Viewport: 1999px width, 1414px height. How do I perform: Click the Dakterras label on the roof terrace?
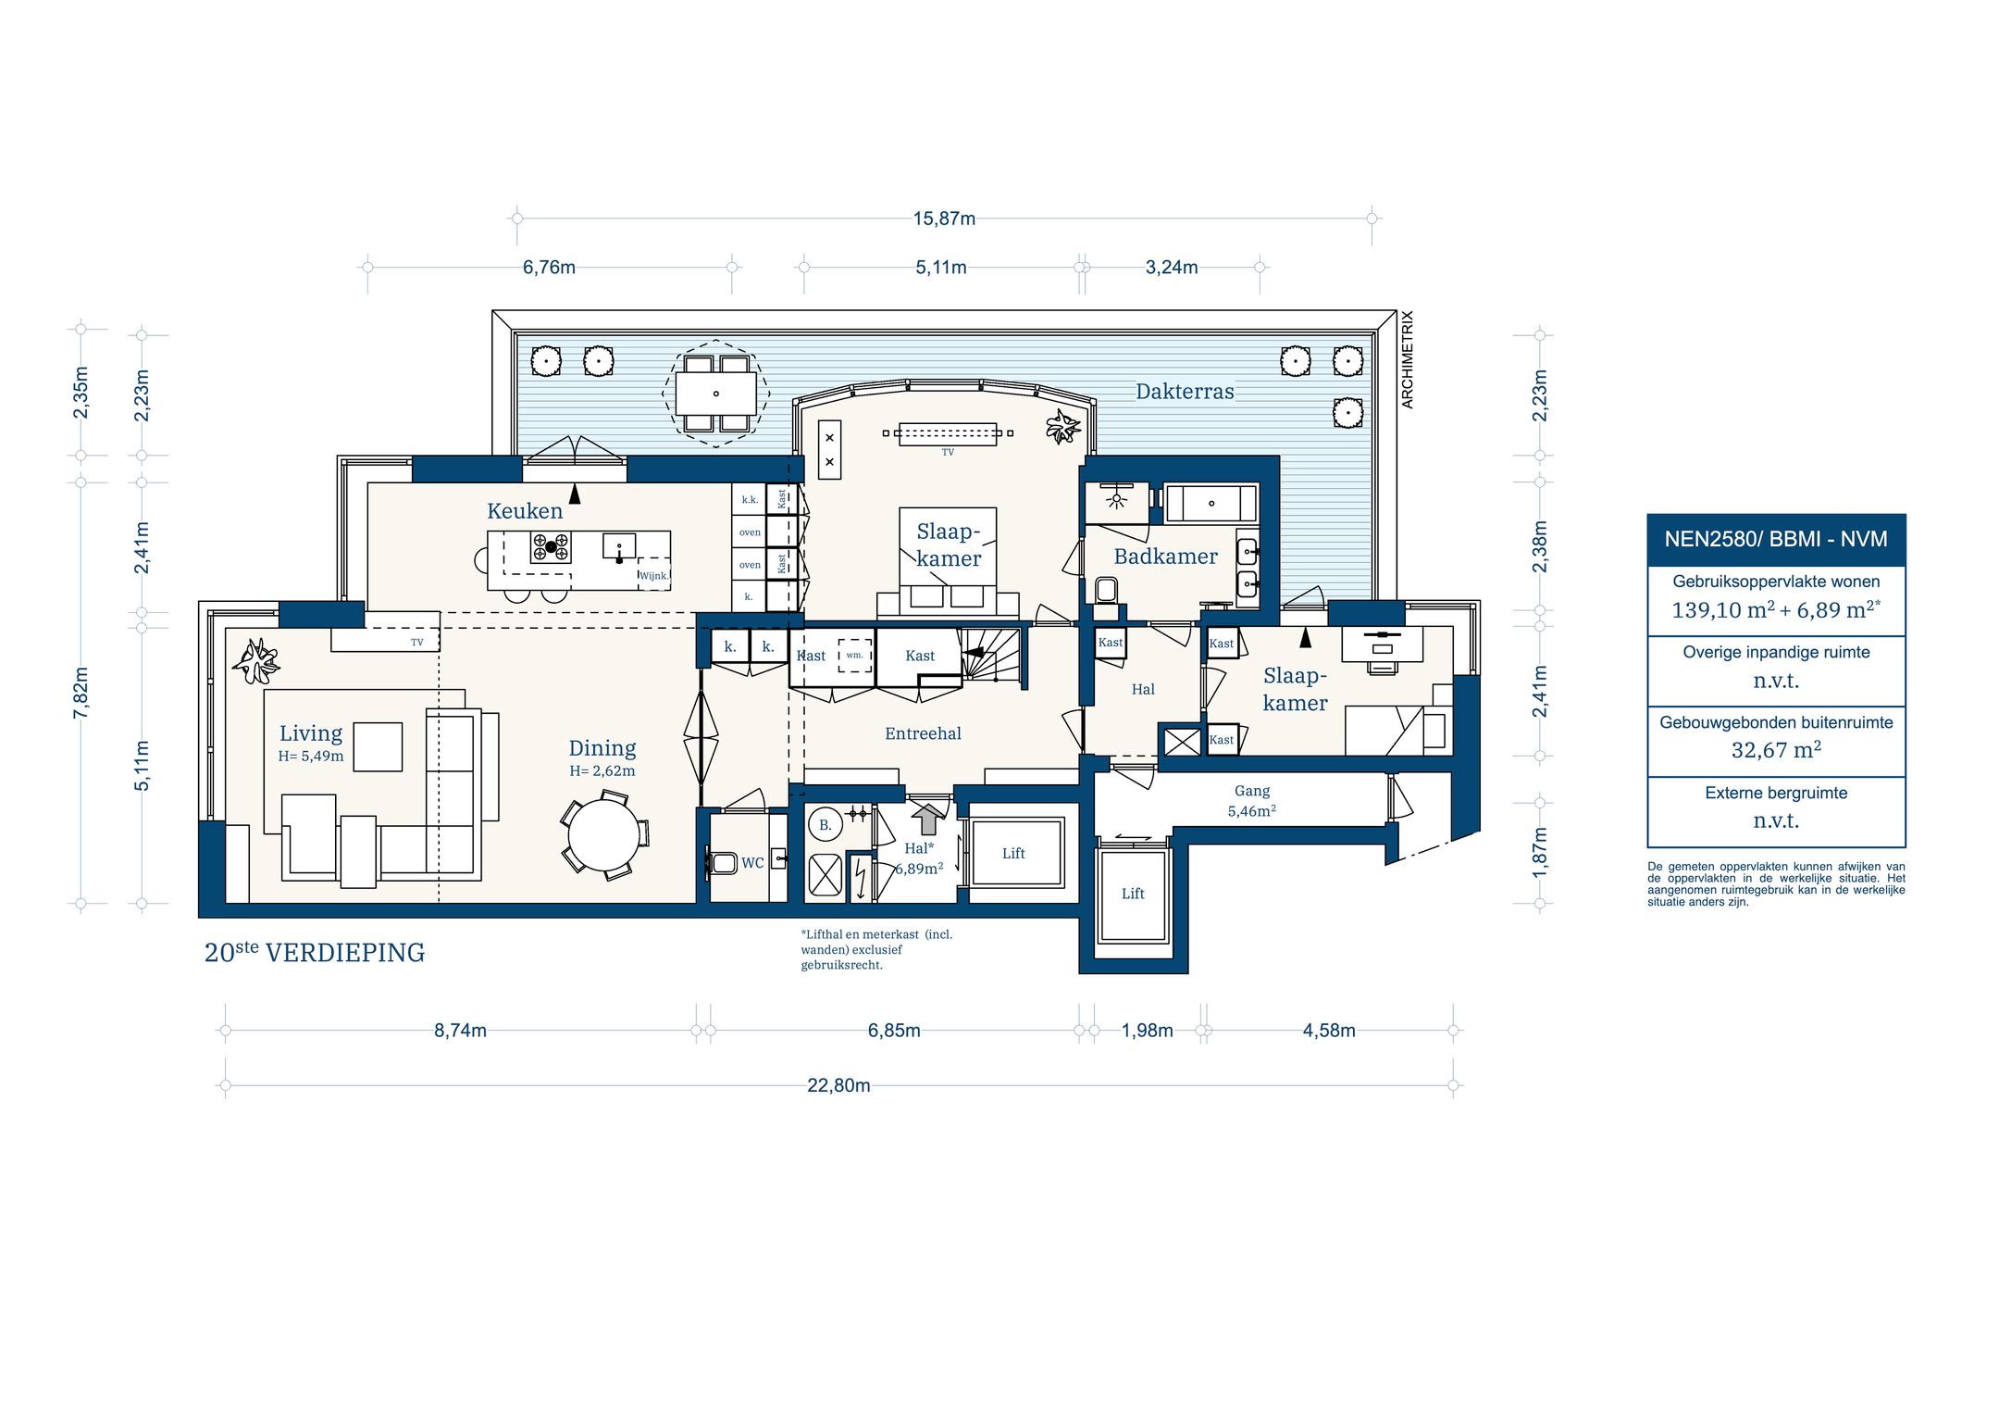coord(1185,392)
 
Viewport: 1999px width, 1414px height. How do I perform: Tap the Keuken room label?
coord(525,511)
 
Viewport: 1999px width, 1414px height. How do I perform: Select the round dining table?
coord(603,834)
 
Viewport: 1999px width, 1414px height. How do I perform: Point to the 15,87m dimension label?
coord(944,219)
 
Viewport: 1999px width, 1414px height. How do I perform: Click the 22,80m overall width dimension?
coord(838,1085)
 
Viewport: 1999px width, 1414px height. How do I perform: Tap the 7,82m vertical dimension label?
coord(81,693)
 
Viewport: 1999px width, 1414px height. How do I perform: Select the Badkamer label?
coord(1165,557)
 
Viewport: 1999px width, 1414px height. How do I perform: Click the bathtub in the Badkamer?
coord(1211,504)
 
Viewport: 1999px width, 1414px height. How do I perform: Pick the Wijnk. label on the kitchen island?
coord(653,576)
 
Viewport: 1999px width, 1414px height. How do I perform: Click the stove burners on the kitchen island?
coord(551,547)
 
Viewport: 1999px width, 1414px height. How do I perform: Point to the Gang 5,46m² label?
coord(1252,801)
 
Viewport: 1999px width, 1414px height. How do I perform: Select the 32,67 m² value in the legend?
coord(1776,750)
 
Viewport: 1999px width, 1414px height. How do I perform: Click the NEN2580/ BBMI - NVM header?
coord(1776,539)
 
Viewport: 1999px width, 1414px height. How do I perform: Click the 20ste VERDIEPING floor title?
coord(315,952)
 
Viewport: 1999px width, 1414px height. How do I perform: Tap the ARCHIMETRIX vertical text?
coord(1408,360)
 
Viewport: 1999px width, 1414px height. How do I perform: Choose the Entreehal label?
coord(923,733)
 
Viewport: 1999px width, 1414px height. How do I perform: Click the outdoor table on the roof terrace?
coord(715,394)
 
